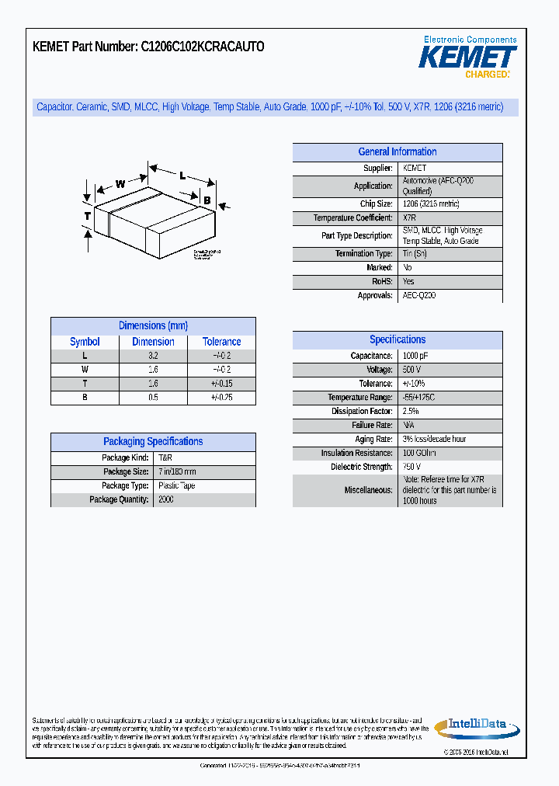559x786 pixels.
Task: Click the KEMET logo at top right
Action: [x=468, y=57]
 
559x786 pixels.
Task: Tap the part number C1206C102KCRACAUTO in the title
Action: [x=202, y=47]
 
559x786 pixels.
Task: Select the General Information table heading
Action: [x=397, y=152]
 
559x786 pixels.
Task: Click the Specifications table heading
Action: [x=397, y=339]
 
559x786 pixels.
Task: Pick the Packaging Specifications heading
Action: [x=153, y=441]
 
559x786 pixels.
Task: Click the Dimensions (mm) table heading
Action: [x=153, y=325]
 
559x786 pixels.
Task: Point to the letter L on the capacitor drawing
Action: [x=182, y=176]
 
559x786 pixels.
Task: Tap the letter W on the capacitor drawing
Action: [x=120, y=184]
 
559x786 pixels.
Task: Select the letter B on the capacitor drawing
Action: [x=207, y=200]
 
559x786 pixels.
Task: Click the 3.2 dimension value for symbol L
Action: [x=153, y=356]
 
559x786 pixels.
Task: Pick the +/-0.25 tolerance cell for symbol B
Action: [x=221, y=398]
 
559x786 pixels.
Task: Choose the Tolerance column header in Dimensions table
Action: [x=221, y=342]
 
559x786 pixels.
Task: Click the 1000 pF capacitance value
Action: [x=415, y=356]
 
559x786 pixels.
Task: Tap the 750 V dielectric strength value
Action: [x=411, y=467]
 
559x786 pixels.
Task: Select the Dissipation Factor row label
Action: [x=362, y=412]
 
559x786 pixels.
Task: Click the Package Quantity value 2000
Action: [x=166, y=499]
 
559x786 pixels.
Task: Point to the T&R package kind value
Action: [x=165, y=458]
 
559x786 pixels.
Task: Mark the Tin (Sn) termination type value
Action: [x=415, y=254]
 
